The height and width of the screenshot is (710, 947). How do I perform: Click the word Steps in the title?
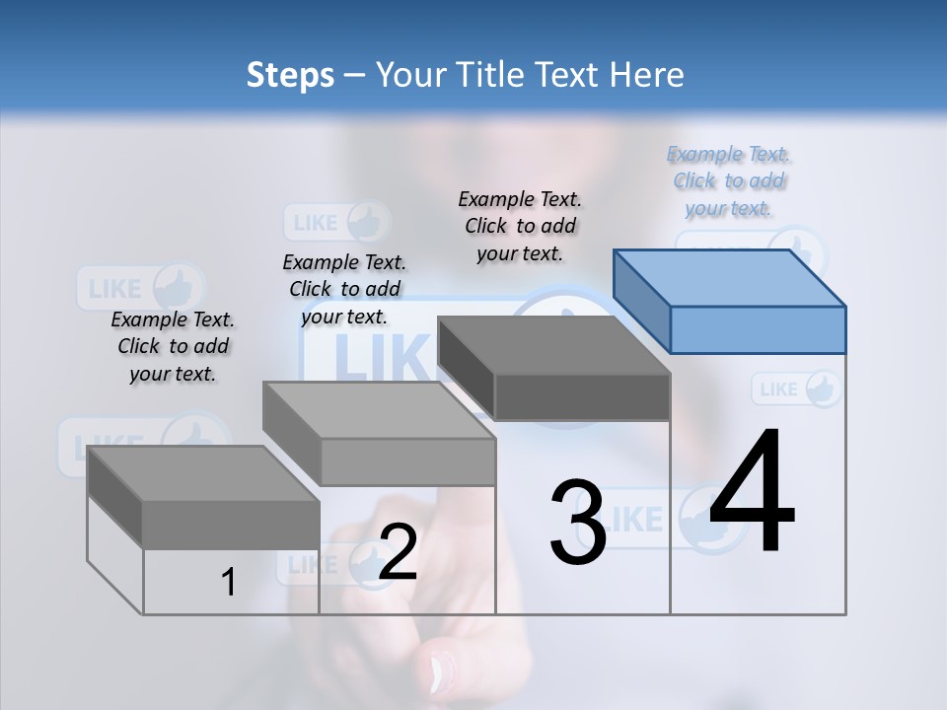tap(290, 75)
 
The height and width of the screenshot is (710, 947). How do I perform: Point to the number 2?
tap(398, 551)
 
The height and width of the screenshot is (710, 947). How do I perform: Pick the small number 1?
tap(228, 582)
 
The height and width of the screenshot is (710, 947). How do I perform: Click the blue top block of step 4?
tap(730, 301)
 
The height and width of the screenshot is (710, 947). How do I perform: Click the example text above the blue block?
tap(729, 181)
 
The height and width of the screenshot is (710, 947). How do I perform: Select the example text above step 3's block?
tap(520, 226)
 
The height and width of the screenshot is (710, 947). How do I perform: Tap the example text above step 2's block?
tap(344, 289)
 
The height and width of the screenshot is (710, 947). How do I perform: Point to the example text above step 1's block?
tap(173, 346)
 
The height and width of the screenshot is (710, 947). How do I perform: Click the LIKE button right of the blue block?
tap(797, 389)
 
